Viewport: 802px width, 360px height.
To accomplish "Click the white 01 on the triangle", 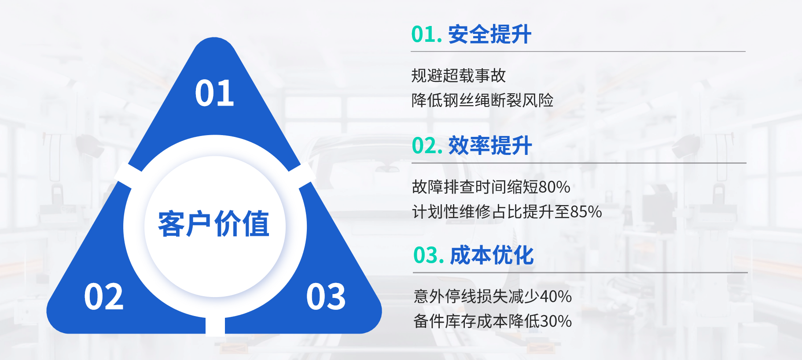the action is coord(214,93).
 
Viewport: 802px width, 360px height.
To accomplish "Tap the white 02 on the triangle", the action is coord(104,297).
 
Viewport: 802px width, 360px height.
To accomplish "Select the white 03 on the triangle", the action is coord(326,297).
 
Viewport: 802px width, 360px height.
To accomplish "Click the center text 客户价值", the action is coord(214,224).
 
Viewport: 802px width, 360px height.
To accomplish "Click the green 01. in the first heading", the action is coord(427,34).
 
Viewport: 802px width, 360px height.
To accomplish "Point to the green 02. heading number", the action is coord(427,146).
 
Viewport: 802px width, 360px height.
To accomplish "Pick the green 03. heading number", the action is coord(429,255).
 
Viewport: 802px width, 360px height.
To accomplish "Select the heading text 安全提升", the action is coord(490,34).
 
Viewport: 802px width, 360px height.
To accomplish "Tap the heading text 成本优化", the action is coord(492,255).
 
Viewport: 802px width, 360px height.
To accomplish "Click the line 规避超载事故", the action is coord(459,76).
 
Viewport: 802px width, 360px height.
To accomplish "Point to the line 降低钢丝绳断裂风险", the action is coord(482,100).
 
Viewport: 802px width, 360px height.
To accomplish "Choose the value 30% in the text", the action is coord(556,321).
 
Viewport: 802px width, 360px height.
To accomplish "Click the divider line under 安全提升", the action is coord(578,51).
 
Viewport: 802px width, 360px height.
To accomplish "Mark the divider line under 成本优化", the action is coord(580,272).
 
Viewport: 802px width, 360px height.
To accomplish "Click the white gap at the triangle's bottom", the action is coord(215,326).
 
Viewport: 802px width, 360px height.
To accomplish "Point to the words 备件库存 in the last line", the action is coord(445,321).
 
